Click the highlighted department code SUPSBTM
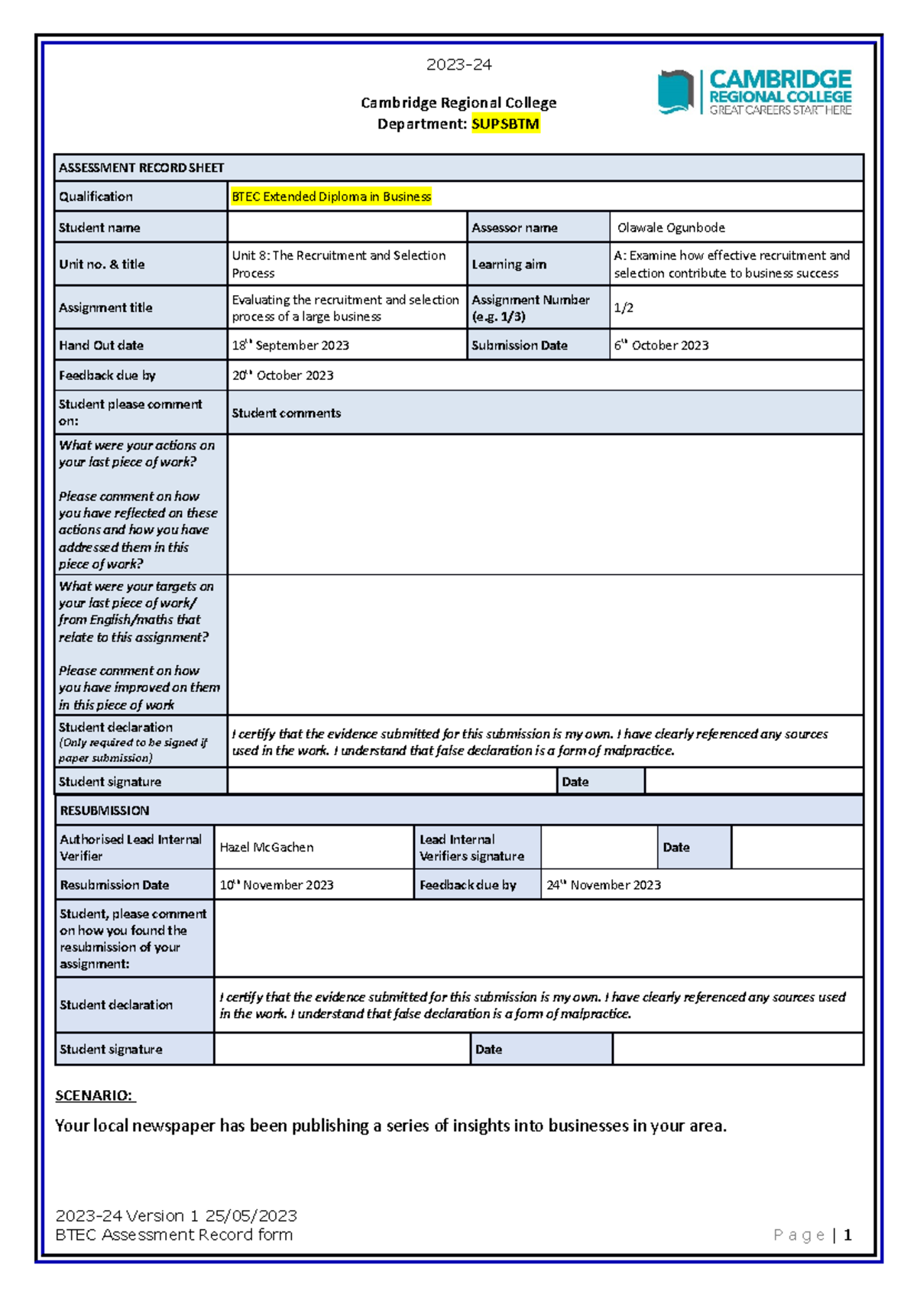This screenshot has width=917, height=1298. (505, 124)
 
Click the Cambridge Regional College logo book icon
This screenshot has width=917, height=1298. (675, 92)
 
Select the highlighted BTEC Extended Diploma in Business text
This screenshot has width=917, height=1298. (331, 196)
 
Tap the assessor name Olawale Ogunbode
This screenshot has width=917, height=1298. (671, 228)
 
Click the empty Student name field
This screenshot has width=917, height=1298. (347, 228)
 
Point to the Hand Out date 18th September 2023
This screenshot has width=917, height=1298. (290, 346)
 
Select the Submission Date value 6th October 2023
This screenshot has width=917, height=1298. (661, 346)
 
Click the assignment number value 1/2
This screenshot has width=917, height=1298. (624, 308)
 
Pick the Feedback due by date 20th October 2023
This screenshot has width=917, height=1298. (283, 375)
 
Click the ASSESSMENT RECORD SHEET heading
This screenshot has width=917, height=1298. (141, 167)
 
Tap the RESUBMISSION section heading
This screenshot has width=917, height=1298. (105, 810)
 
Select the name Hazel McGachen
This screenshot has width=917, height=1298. (267, 847)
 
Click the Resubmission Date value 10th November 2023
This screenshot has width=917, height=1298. (277, 885)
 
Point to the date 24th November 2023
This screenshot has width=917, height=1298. (604, 885)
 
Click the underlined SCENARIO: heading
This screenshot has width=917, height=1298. (95, 1095)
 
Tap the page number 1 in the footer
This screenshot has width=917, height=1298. (847, 1235)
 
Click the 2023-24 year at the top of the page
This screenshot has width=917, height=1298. (458, 65)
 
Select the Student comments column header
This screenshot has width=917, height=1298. (287, 413)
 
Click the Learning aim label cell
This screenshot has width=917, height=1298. (509, 264)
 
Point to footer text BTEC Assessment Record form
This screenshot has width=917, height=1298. (174, 1235)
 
